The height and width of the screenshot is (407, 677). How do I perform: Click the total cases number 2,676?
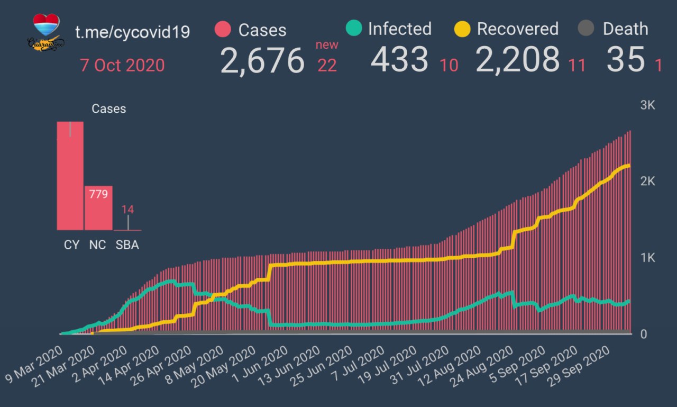point(262,61)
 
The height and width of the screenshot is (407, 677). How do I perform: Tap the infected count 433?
point(399,60)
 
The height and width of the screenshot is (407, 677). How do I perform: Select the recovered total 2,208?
point(517,60)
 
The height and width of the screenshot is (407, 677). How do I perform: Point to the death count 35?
point(625,60)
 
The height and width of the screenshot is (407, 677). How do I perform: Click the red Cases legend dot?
point(223,29)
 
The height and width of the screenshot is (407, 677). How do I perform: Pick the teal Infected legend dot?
point(353,28)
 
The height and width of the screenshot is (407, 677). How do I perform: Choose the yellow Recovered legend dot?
point(462,29)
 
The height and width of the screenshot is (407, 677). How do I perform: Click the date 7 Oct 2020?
point(122,66)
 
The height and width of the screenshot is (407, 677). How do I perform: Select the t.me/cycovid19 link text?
point(132,32)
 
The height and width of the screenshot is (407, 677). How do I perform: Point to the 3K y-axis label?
point(647,105)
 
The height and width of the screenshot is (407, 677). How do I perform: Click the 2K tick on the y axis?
point(647,182)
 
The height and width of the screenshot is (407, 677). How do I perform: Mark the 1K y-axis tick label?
point(647,258)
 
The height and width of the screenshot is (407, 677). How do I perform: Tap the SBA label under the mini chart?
point(127,245)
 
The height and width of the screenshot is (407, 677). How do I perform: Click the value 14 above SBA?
point(127,209)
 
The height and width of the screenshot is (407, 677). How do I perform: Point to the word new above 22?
point(327,45)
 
